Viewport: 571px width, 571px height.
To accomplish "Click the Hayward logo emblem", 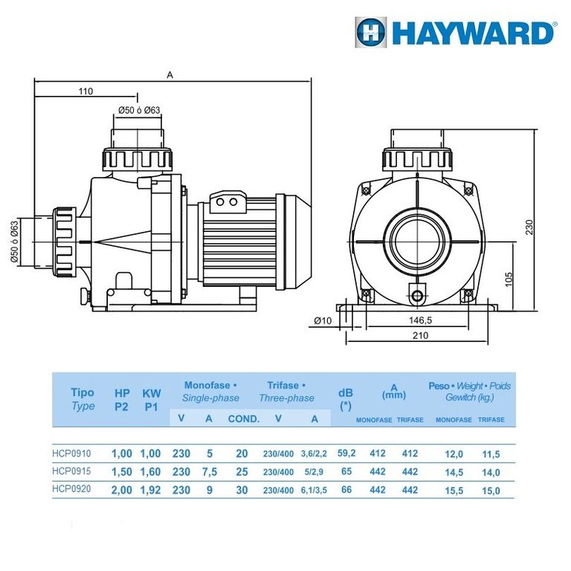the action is pyautogui.click(x=371, y=33).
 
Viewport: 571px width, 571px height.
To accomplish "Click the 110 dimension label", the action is pyautogui.click(x=86, y=91).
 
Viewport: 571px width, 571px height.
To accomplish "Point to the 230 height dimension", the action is pyautogui.click(x=529, y=227).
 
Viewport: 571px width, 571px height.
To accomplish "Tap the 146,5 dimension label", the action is pyautogui.click(x=420, y=320).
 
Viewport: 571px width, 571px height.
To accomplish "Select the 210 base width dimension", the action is pyautogui.click(x=420, y=335).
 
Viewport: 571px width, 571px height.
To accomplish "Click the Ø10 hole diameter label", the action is pyautogui.click(x=323, y=321).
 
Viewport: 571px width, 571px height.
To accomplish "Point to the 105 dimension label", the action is pyautogui.click(x=509, y=280).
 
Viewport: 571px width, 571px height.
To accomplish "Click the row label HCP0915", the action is pyautogui.click(x=71, y=471).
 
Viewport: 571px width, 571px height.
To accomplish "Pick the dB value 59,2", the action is pyautogui.click(x=346, y=453).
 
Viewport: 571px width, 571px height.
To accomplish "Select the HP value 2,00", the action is pyautogui.click(x=122, y=490).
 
